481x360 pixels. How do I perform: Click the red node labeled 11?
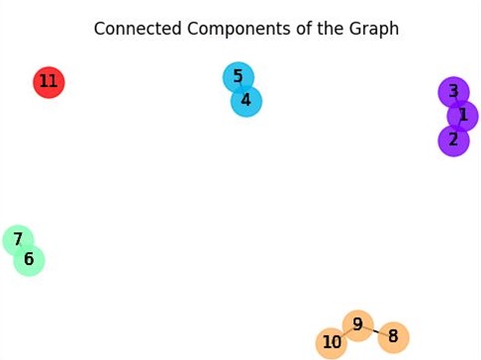pos(48,82)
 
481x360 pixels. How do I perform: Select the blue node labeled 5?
pos(238,77)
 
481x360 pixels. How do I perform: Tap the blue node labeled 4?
pos(246,101)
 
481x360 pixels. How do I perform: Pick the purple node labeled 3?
pos(453,92)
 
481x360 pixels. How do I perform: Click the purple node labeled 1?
pos(462,116)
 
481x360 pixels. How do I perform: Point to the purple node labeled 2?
pos(453,140)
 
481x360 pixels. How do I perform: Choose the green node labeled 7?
pos(18,240)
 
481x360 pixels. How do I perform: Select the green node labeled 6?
pos(29,260)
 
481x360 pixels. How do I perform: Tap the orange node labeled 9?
pos(357,324)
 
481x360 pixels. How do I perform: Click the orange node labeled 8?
pos(393,337)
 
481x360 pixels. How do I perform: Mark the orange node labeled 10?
pos(332,343)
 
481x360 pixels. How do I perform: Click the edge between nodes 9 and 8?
pos(375,330)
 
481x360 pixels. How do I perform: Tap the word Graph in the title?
pos(375,29)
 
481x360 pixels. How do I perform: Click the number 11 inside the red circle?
pos(48,82)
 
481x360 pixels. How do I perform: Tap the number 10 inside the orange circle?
pos(332,343)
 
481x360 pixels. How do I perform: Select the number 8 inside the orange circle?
pos(393,337)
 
